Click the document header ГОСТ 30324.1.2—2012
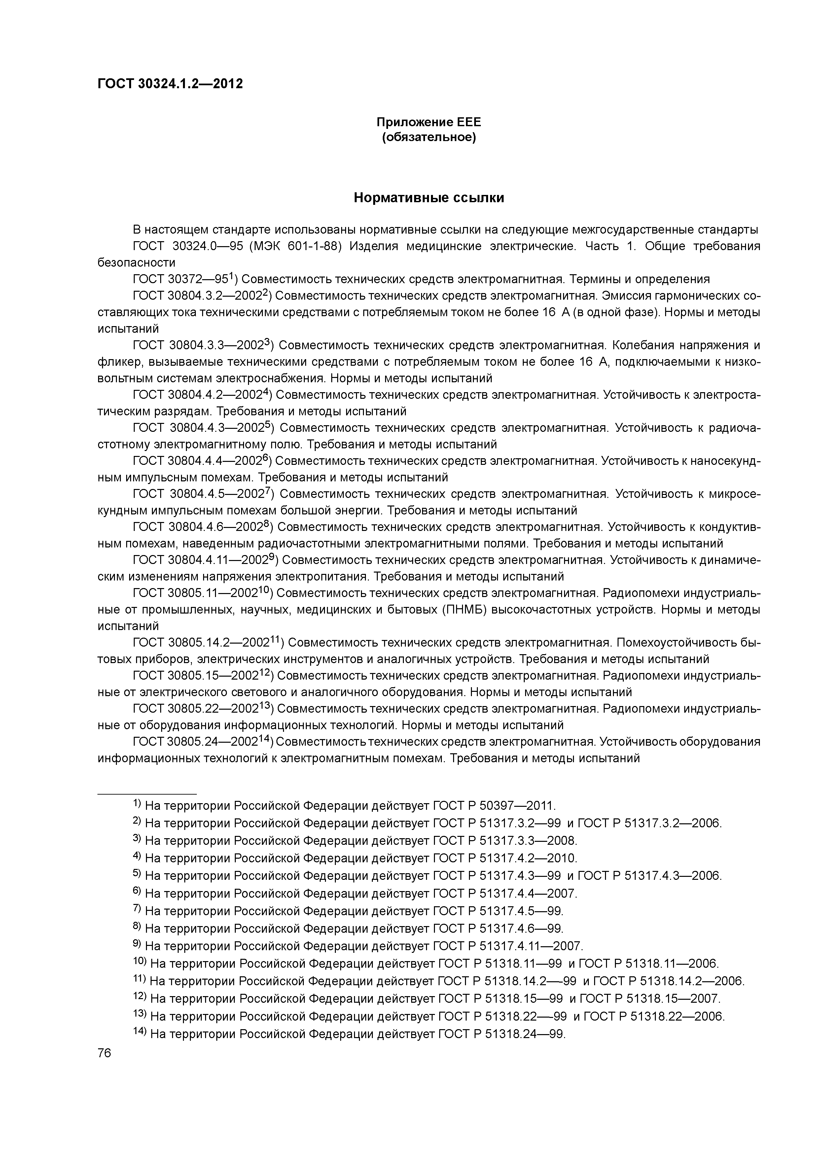coord(170,84)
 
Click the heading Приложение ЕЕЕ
coord(429,122)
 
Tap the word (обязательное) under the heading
coord(429,138)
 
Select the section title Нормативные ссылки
coord(429,198)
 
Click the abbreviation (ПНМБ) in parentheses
coord(464,610)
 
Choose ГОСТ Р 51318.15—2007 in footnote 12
coord(651,998)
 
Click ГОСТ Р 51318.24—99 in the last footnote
coord(502,1034)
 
